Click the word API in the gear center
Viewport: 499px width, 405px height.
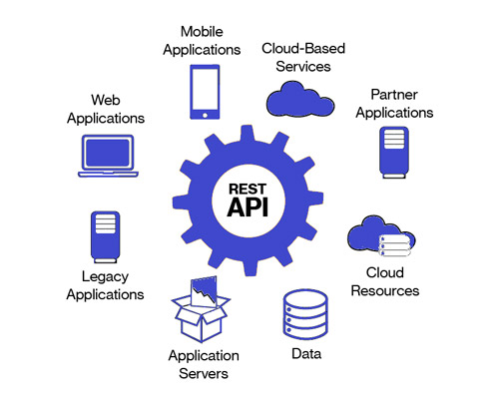[x=249, y=207]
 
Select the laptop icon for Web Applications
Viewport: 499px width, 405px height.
[x=108, y=156]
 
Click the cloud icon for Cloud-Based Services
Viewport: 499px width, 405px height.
[x=300, y=98]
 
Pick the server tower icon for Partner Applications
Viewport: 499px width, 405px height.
[x=393, y=151]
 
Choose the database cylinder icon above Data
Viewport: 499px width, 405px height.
[x=305, y=313]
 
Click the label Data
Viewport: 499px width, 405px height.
[x=305, y=354]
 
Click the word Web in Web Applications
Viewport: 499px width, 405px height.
[x=106, y=100]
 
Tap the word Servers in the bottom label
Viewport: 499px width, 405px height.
[x=204, y=373]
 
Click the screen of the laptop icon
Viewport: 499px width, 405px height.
[x=108, y=153]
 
